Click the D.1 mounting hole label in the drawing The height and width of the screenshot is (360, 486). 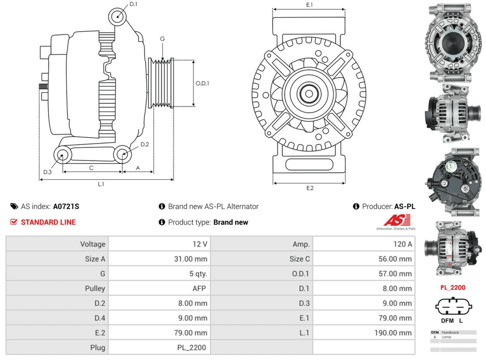pos(134,5)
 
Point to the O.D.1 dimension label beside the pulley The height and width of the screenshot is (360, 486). pos(202,83)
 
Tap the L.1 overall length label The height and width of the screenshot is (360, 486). pos(101,184)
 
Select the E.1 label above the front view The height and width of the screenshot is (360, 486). pos(309,5)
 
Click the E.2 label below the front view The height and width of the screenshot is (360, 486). pos(310,188)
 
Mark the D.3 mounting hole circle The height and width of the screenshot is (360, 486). pos(62,155)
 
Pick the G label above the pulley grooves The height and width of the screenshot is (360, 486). pos(162,39)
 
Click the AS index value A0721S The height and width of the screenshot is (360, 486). pos(66,206)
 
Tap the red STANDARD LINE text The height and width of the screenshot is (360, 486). pos(48,222)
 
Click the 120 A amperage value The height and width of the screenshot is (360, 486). pos(403,244)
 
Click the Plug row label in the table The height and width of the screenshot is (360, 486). pos(98,347)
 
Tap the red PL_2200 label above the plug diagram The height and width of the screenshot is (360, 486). pos(452,288)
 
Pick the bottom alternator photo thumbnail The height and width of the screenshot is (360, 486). pos(452,248)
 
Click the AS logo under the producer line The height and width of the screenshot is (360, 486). pos(396,222)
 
